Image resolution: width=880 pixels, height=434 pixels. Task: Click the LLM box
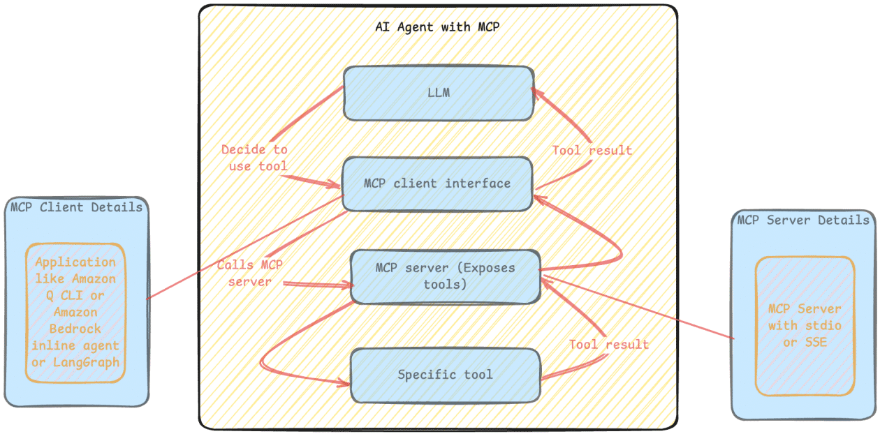(x=438, y=92)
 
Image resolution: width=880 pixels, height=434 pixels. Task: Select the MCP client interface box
(x=437, y=184)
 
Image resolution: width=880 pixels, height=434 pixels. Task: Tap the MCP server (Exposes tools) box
(x=445, y=276)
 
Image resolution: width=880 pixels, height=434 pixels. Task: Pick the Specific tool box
(x=445, y=375)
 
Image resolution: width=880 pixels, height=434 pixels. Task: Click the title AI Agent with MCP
(x=437, y=28)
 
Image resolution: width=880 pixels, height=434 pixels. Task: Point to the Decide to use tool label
(x=254, y=158)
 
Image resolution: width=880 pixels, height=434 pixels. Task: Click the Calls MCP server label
(x=249, y=274)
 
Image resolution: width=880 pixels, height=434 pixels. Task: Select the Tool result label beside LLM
(x=592, y=150)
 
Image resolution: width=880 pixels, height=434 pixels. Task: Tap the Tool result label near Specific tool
(x=608, y=345)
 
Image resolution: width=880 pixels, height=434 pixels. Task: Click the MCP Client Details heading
(x=76, y=207)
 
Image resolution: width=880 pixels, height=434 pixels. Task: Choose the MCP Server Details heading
(x=803, y=220)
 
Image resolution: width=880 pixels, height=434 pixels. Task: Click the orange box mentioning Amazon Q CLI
(x=76, y=312)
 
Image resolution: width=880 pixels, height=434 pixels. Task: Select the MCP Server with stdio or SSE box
(x=805, y=325)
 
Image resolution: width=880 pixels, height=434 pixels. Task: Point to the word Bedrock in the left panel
(x=75, y=329)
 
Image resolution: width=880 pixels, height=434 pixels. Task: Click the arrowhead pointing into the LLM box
(x=535, y=91)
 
